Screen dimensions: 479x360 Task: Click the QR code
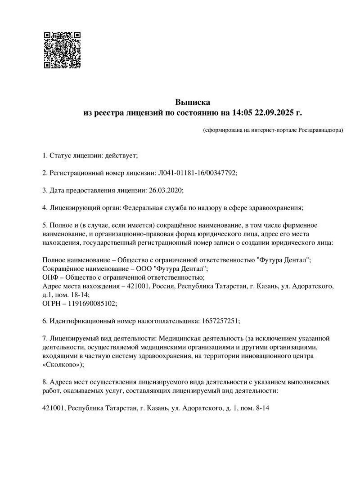click(x=62, y=50)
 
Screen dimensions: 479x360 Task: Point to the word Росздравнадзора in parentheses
click(x=319, y=130)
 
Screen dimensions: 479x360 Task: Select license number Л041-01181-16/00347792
click(x=197, y=173)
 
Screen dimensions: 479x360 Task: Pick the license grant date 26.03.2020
click(x=166, y=190)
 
